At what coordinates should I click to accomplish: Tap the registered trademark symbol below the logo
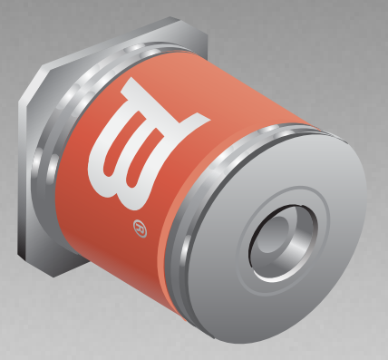(140, 229)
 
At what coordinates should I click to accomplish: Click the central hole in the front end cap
(283, 243)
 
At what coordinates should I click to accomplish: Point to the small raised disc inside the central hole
(274, 234)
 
